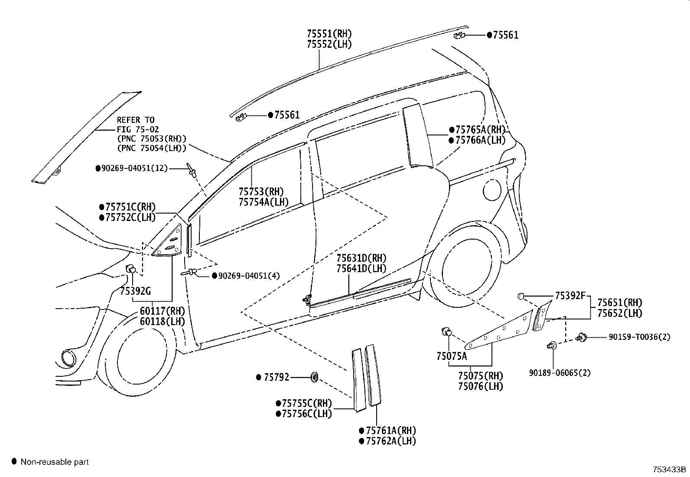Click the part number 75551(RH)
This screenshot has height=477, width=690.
(329, 33)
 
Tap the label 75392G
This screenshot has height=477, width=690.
(135, 291)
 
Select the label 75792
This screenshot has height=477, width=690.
(276, 377)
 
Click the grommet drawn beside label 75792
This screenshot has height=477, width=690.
(315, 376)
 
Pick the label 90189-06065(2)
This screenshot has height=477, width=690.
(559, 372)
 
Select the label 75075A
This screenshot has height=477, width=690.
(452, 356)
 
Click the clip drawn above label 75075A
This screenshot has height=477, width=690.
(446, 332)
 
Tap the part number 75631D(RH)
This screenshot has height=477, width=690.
(361, 258)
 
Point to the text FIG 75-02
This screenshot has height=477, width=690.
(138, 129)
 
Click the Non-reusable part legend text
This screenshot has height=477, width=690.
(55, 462)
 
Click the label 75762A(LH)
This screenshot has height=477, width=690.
(391, 441)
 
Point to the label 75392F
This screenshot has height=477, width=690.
(570, 296)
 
